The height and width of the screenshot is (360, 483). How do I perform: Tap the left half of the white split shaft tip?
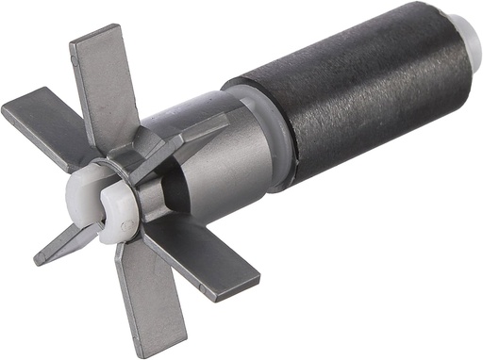coord(84,192)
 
